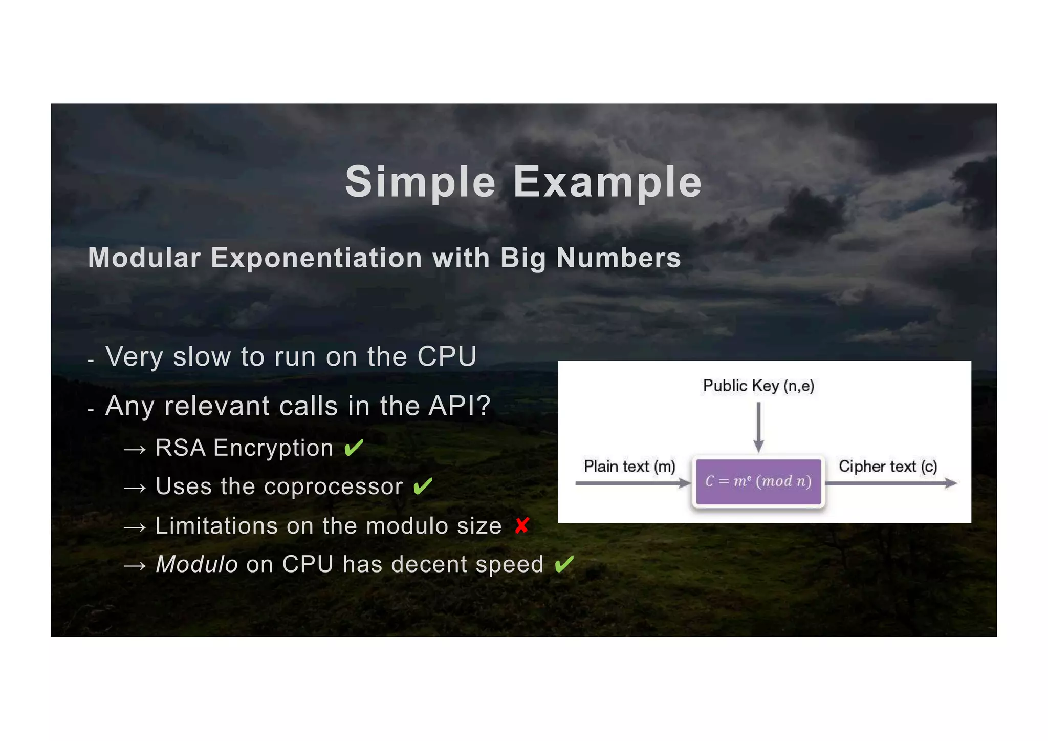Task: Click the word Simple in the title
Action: coord(420,182)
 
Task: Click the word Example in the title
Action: coord(607,182)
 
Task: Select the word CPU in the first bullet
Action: coord(447,356)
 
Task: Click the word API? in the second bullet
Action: coord(459,406)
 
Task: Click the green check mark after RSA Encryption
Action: coord(354,448)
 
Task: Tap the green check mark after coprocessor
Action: coord(423,486)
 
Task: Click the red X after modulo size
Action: coord(522,525)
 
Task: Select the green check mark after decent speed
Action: coord(564,564)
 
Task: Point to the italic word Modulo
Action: coord(196,564)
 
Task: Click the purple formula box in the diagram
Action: coord(758,481)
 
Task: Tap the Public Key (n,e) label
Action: coord(758,386)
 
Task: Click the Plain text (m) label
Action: coord(629,467)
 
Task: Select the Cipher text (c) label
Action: coord(888,467)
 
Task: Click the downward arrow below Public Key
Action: coord(759,427)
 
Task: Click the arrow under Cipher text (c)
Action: coord(891,483)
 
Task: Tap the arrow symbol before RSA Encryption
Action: coord(135,450)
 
